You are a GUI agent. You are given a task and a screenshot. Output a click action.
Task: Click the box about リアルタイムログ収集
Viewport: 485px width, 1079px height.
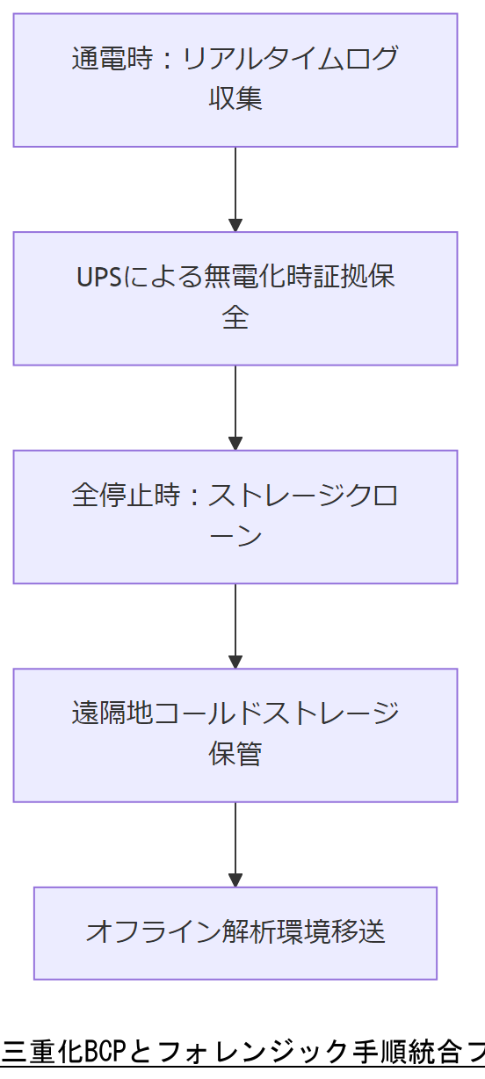pyautogui.click(x=235, y=80)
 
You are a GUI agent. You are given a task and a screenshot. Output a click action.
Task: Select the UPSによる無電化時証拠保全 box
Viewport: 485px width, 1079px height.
pyautogui.click(x=235, y=298)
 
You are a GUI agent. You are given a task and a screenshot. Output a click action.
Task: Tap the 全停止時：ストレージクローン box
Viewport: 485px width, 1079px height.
pyautogui.click(x=235, y=517)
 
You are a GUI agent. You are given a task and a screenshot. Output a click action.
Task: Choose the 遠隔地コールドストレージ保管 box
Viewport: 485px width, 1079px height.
pyautogui.click(x=235, y=735)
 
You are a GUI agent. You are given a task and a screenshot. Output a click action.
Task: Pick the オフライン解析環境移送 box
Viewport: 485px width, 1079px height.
pyautogui.click(x=235, y=933)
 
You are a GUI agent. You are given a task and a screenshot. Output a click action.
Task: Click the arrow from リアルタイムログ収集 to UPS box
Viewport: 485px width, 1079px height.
pyautogui.click(x=235, y=188)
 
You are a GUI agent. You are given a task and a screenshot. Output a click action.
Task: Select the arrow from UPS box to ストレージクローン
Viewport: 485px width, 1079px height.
pyautogui.click(x=235, y=407)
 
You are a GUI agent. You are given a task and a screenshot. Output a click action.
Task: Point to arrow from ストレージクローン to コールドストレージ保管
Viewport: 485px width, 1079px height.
pyautogui.click(x=235, y=626)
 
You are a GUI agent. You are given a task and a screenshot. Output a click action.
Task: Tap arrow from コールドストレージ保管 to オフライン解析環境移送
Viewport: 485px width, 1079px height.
pyautogui.click(x=235, y=844)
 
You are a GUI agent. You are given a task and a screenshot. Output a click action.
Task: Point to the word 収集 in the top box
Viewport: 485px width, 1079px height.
pyautogui.click(x=235, y=98)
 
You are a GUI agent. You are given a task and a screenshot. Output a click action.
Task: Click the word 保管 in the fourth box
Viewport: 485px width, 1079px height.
pyautogui.click(x=235, y=754)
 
